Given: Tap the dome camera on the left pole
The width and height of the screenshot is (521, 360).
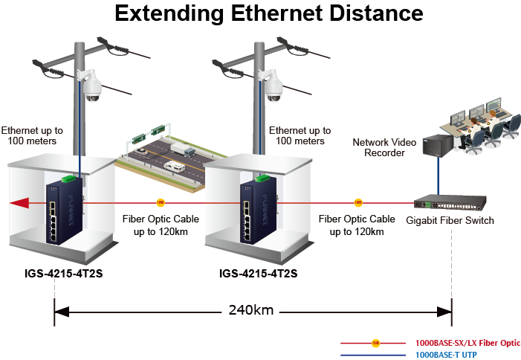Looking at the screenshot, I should pos(91,88).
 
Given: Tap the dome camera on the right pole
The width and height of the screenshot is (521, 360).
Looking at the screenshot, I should pos(273,88).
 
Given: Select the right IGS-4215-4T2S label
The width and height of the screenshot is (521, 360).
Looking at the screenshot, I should pos(258,273).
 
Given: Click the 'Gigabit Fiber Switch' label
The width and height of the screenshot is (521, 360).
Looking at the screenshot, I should pos(450,220).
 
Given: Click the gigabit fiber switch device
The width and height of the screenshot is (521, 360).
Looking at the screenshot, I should pos(450,201).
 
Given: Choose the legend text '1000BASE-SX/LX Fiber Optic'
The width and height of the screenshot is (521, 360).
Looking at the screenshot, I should pos(467,343).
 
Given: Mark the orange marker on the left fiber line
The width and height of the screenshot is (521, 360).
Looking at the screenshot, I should pos(160,202).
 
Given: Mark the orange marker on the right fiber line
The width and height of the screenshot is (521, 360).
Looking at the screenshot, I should pos(357,202).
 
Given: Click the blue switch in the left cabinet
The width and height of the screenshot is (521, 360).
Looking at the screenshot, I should pos(64,210).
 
